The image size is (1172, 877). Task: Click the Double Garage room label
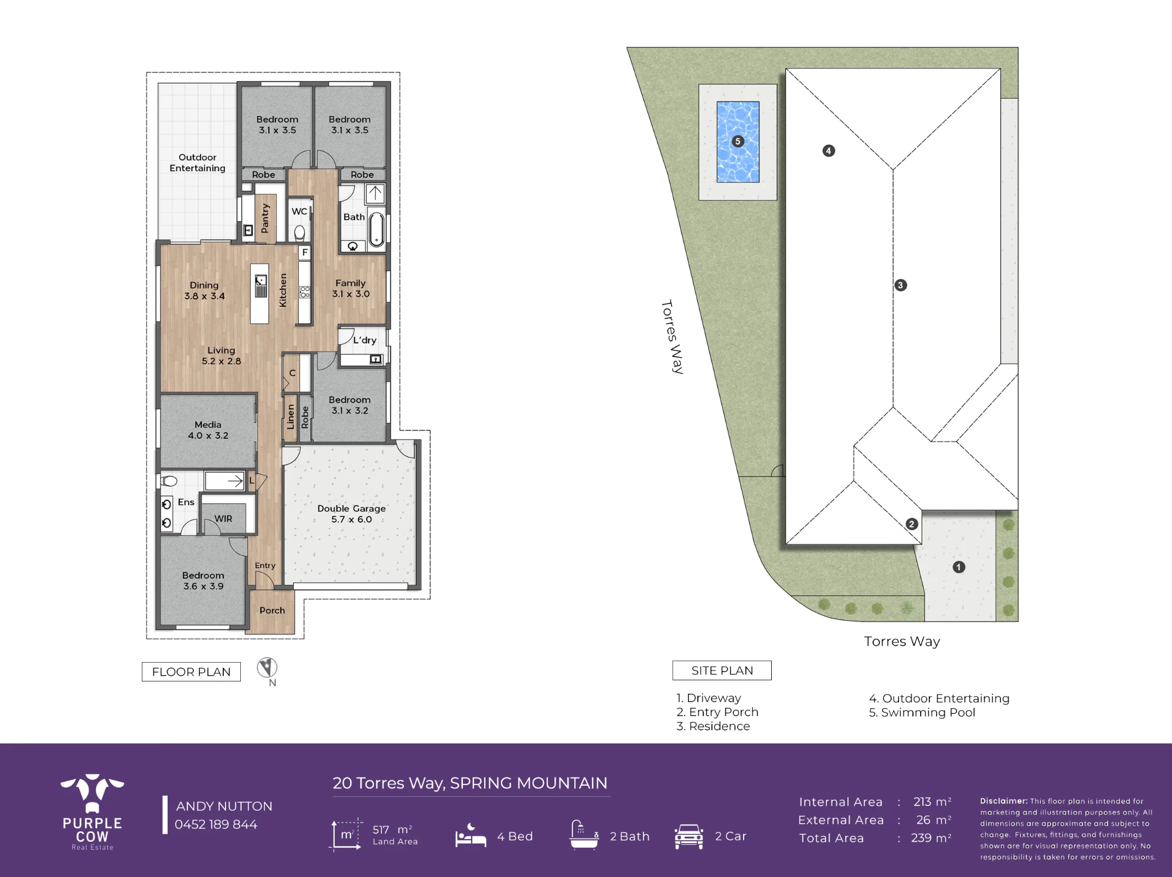coord(352,513)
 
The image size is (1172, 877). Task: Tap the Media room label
coord(208,430)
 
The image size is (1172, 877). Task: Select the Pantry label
coord(265,218)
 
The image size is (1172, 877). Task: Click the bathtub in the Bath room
coord(376,229)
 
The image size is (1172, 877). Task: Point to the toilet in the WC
coord(299,232)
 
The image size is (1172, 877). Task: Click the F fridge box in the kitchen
coord(305,252)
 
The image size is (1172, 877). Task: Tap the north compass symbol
coord(267,667)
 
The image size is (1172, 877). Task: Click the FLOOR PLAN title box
coord(191,672)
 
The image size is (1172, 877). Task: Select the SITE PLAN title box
coord(722,670)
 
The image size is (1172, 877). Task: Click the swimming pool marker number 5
coord(738,141)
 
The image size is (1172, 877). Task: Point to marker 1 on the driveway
coord(959,567)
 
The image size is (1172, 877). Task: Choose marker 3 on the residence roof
coord(901,285)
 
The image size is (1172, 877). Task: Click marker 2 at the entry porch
coord(911,524)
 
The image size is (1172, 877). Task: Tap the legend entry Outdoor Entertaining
coord(939,698)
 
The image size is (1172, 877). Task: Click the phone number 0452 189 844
coord(216,824)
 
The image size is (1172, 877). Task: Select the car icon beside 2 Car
coord(689,836)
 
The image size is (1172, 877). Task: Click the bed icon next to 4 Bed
coord(471,835)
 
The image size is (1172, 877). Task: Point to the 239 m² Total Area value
coord(931,838)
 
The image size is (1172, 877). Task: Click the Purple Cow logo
coord(93,811)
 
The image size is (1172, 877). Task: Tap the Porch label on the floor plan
coord(272,610)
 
